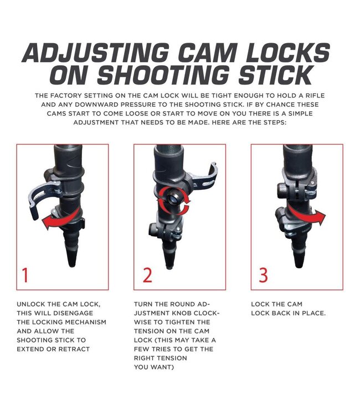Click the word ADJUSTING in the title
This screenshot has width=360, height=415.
pyautogui.click(x=95, y=53)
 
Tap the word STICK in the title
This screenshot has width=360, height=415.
pyautogui.click(x=275, y=75)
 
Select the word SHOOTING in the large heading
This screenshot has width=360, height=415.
pyautogui.click(x=163, y=75)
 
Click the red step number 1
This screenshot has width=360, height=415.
pyautogui.click(x=25, y=275)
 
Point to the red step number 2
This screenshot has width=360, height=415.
pyautogui.click(x=147, y=275)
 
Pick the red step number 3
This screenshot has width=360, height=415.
pyautogui.click(x=263, y=275)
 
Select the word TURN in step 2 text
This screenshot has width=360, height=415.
pyautogui.click(x=142, y=304)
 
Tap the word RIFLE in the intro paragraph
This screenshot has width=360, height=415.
pyautogui.click(x=315, y=96)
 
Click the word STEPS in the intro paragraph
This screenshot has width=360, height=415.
pyautogui.click(x=275, y=122)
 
